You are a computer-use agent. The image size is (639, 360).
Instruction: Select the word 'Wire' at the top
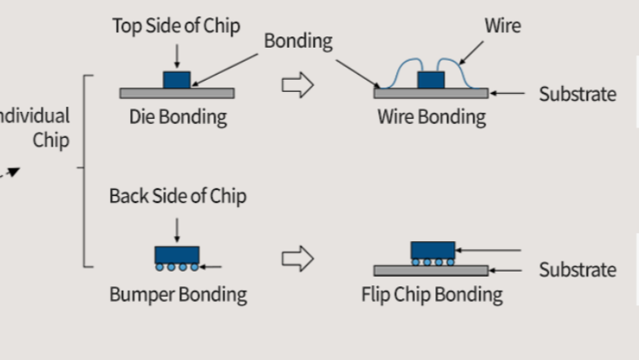pos(503,25)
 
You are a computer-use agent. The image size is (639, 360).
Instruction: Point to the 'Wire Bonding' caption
pos(431,117)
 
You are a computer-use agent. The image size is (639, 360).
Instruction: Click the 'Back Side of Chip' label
pos(177,196)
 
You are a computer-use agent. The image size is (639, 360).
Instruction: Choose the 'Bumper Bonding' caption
pos(178,295)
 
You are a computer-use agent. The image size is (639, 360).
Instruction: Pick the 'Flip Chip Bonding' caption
pos(432,295)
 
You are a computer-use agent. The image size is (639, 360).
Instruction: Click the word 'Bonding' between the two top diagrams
pos(298,41)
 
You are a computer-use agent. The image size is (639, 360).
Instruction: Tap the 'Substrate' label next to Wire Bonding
pos(577,94)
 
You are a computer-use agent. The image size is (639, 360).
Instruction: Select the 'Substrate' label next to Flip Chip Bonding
pos(577,270)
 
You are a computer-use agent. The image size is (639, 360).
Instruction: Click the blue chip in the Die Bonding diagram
pos(177,79)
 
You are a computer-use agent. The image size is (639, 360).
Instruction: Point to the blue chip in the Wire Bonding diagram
pos(431,80)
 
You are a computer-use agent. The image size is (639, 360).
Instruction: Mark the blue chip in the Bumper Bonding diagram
pos(177,254)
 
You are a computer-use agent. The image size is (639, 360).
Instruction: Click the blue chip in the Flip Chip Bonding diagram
pos(432,250)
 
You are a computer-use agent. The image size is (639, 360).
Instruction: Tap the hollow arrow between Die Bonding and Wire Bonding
pos(297,86)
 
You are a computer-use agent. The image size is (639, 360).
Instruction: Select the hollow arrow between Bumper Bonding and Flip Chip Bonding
pos(297,259)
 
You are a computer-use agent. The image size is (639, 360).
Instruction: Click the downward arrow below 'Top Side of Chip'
pos(177,55)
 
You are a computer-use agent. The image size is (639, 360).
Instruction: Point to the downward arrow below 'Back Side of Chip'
pos(177,228)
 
